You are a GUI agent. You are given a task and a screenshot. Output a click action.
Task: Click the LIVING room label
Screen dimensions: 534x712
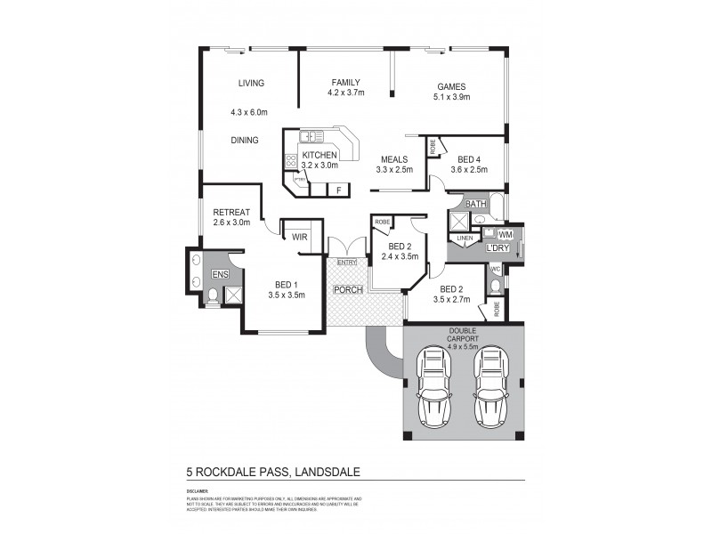click(x=251, y=84)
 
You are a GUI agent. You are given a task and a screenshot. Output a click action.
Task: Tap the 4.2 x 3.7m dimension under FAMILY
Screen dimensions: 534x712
click(x=346, y=93)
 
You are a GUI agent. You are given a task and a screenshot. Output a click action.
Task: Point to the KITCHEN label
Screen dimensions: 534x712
click(x=320, y=155)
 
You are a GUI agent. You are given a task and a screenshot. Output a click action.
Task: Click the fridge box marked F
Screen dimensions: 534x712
click(x=338, y=190)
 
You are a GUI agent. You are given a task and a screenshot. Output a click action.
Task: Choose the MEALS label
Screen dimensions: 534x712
click(x=394, y=158)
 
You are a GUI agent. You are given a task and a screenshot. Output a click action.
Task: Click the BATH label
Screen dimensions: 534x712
click(x=475, y=204)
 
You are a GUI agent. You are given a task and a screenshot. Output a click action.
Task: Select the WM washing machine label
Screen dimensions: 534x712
click(x=505, y=234)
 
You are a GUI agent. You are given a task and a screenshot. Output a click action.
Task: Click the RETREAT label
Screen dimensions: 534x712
click(x=231, y=212)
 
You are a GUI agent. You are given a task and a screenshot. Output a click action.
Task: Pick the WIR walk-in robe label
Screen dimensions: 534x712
click(x=299, y=237)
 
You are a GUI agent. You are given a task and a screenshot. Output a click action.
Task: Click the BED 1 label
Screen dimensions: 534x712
click(x=287, y=284)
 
